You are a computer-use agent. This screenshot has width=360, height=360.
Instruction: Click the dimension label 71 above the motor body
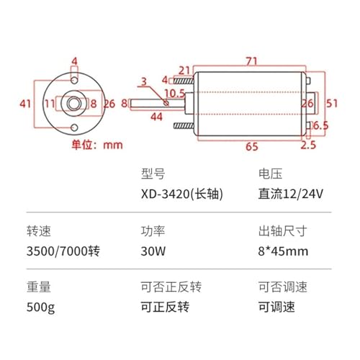[x=251, y=61]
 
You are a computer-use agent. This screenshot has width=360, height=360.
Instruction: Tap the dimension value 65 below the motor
[x=252, y=146]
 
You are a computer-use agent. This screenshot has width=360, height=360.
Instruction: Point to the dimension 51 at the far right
[x=332, y=104]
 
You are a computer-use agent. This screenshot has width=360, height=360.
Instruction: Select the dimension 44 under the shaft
[x=156, y=117]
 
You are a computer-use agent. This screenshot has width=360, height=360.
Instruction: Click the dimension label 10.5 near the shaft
[x=174, y=94]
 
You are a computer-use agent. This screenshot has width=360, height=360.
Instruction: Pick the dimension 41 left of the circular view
[x=25, y=104]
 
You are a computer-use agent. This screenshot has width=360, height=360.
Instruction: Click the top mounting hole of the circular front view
[x=74, y=80]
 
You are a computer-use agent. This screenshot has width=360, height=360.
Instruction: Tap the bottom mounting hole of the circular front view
[x=74, y=127]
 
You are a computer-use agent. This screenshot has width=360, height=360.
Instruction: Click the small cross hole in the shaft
[x=166, y=103]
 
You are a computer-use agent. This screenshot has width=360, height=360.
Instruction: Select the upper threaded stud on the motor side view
[x=184, y=81]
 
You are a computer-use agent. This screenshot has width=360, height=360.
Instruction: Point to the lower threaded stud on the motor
[x=184, y=125]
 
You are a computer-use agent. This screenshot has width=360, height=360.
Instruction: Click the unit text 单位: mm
[x=97, y=145]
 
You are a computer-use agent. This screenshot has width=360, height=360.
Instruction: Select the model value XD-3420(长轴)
[x=182, y=194]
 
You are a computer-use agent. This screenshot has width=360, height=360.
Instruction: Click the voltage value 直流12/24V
[x=290, y=194]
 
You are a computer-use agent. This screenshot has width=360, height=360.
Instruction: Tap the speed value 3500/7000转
[x=63, y=251]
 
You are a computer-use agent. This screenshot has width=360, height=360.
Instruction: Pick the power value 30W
[x=153, y=251]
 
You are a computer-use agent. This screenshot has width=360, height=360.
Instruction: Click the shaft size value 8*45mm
[x=283, y=251]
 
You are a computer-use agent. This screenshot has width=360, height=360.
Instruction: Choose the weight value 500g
[x=40, y=307]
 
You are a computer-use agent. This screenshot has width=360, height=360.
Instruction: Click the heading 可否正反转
[x=171, y=287]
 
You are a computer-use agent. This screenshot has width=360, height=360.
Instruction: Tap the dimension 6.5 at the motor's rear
[x=321, y=125]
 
